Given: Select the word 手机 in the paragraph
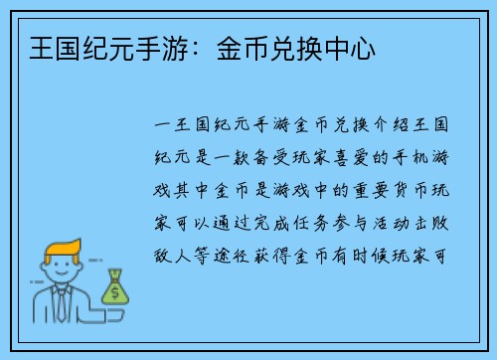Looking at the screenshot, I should click(x=416, y=159).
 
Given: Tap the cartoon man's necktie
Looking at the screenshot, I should click(x=63, y=304).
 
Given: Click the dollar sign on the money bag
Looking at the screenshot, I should click(x=115, y=291).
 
